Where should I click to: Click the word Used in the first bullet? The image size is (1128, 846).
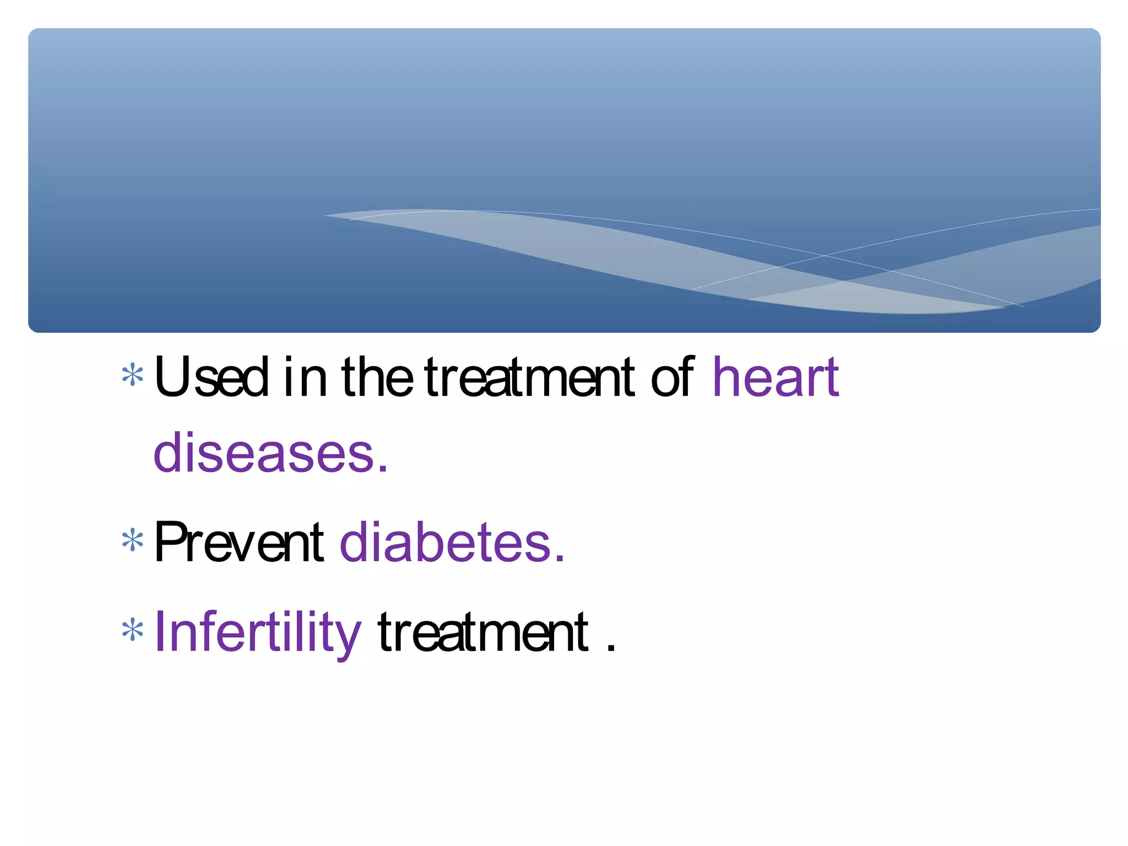[x=211, y=378]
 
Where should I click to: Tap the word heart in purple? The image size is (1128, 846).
[x=775, y=378]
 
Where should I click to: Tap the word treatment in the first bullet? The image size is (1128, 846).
[x=529, y=378]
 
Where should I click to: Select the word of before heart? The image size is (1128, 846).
[x=671, y=378]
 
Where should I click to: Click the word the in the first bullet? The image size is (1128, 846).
[x=377, y=378]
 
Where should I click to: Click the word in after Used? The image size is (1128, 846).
[x=306, y=378]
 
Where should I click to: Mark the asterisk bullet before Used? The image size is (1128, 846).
[x=132, y=376]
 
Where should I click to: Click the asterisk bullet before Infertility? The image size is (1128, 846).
[x=132, y=631]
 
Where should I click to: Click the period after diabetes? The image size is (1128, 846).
[x=560, y=560]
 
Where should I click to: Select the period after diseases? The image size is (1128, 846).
[x=383, y=470]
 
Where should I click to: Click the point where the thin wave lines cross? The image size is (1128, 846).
[x=825, y=256]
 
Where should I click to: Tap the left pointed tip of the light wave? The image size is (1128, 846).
[x=326, y=215]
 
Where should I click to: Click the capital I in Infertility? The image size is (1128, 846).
[x=159, y=632]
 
